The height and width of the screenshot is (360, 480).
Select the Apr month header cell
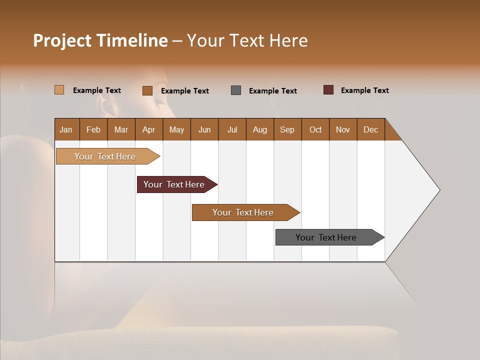pyautogui.click(x=149, y=129)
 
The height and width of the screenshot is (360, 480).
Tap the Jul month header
pyautogui.click(x=232, y=129)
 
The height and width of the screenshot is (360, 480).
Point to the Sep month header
pyautogui.click(x=287, y=129)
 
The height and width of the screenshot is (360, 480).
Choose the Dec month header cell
pyautogui.click(x=370, y=129)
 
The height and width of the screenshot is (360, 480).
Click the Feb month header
pyautogui.click(x=93, y=129)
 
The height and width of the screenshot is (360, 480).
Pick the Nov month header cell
pyautogui.click(x=343, y=129)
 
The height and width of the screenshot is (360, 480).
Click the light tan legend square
pyautogui.click(x=59, y=90)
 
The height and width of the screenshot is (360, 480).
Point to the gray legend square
pyautogui.click(x=236, y=90)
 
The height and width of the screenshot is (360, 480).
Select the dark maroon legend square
pyautogui.click(x=328, y=90)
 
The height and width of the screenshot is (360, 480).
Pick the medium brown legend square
pyautogui.click(x=147, y=90)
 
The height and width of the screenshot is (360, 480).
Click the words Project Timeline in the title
pyautogui.click(x=100, y=40)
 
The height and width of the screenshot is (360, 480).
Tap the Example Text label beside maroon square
pyautogui.click(x=364, y=90)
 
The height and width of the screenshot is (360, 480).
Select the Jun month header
pyautogui.click(x=204, y=129)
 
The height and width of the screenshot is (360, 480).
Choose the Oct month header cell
pyautogui.click(x=315, y=129)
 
